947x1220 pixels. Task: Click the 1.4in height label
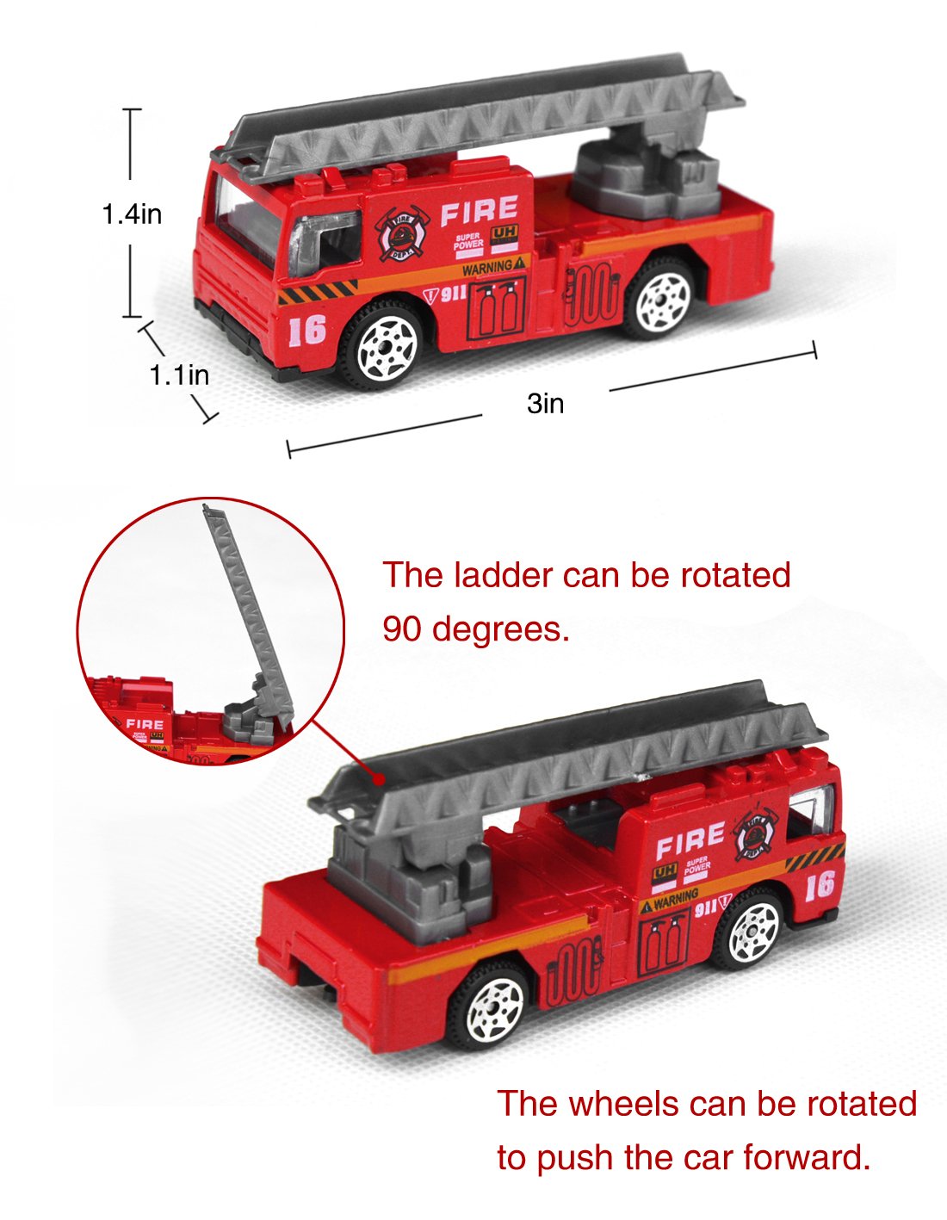click(x=132, y=214)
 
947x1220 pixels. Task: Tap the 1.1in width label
click(x=179, y=375)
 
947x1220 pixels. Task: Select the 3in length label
click(x=545, y=403)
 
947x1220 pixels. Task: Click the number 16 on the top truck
click(x=307, y=329)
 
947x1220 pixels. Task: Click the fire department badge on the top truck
click(x=402, y=232)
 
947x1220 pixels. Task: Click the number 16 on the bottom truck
click(x=820, y=884)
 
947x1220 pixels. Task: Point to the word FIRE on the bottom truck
click(x=690, y=840)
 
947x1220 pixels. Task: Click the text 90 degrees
click(x=475, y=629)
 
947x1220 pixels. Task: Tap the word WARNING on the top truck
click(x=487, y=269)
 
